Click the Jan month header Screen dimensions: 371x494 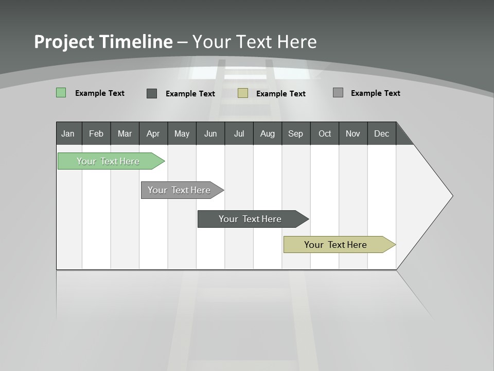coord(68,133)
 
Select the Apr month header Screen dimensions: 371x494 coord(153,133)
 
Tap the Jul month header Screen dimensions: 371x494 coord(239,133)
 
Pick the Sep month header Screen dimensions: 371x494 coord(295,133)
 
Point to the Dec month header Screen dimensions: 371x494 coord(381,133)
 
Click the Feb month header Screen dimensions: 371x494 coord(96,133)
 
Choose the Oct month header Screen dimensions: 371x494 coord(325,133)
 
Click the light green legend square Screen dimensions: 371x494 coord(61,93)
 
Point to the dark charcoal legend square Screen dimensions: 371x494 coord(152,93)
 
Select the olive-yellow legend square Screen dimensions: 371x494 coord(243,93)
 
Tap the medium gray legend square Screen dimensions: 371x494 coord(338,93)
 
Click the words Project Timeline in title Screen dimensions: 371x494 coord(103,42)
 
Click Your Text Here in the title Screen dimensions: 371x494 coord(255,42)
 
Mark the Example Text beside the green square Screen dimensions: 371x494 coord(100,93)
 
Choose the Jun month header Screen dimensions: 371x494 coord(210,133)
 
